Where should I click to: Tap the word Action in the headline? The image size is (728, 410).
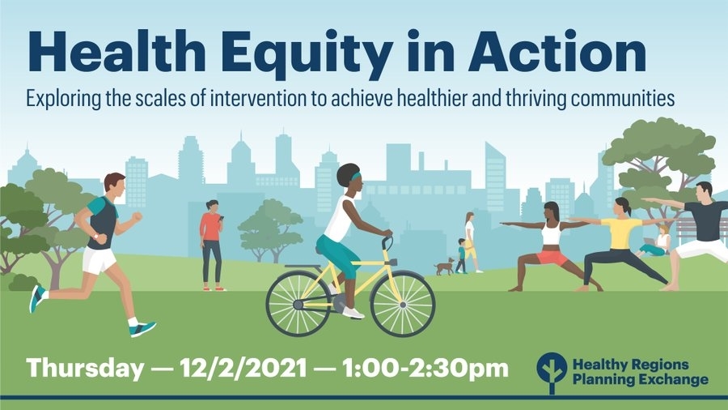557,50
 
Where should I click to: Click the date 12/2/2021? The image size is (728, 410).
243,368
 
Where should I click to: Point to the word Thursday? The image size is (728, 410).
86,369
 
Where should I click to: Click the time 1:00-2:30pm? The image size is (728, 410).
425,368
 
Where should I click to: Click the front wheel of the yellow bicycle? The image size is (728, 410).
403,304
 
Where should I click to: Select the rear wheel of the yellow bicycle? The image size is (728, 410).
298,304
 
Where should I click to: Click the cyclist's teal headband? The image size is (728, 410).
356,176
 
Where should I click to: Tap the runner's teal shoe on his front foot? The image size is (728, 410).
142,329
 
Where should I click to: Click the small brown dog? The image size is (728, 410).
444,267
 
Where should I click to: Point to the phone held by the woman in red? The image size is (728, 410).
221,218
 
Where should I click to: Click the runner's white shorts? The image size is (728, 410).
99,259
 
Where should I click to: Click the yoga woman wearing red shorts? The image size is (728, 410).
551,246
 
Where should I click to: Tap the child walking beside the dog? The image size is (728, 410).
461,256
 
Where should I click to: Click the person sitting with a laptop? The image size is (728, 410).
654,242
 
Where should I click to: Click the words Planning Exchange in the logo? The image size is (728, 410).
641,380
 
